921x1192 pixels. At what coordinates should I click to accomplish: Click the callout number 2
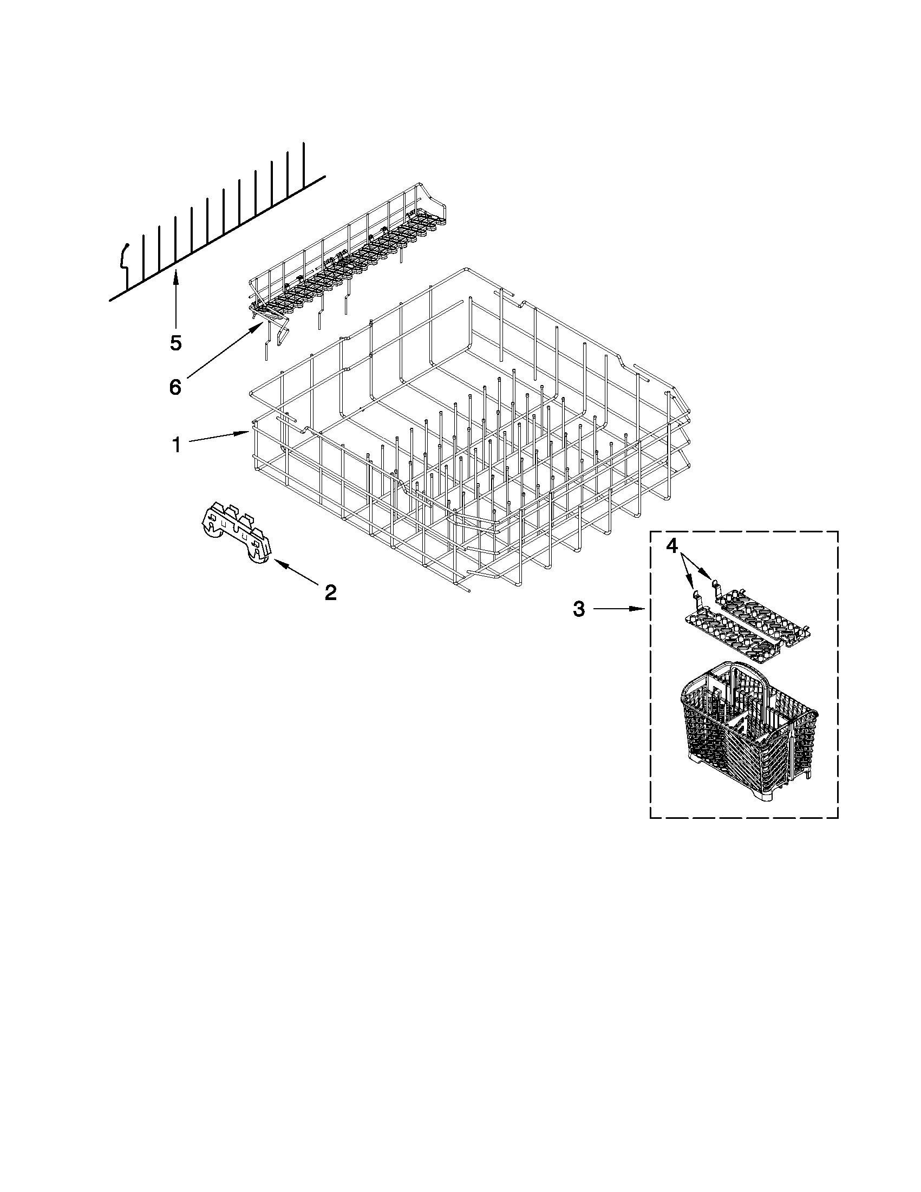tap(330, 592)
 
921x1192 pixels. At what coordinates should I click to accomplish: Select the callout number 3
tap(579, 609)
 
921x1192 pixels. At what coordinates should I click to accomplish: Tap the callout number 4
tap(672, 545)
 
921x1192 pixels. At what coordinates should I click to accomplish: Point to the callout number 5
tap(175, 343)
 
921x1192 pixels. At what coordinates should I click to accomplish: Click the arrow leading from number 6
tap(224, 350)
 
